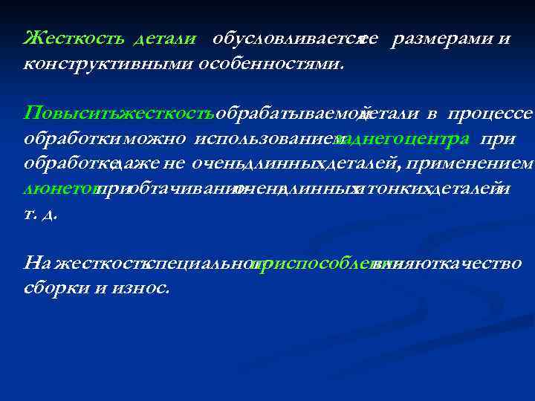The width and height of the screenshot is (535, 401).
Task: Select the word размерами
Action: [x=439, y=39]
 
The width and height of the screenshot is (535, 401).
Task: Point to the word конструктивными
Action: [x=108, y=64]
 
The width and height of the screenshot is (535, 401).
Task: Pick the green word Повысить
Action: [x=71, y=114]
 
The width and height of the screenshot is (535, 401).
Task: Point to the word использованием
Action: [x=265, y=139]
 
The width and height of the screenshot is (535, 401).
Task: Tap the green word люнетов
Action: [x=59, y=189]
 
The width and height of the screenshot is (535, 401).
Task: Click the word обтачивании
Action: [x=178, y=189]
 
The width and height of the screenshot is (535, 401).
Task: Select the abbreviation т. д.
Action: [x=41, y=214]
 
